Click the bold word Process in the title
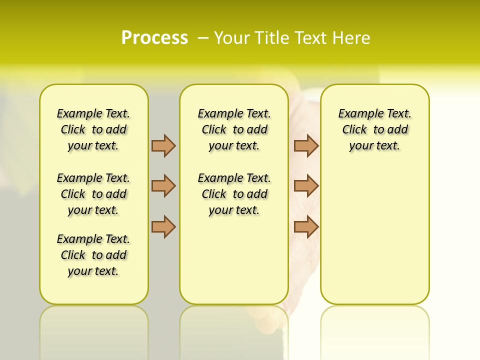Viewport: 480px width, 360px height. tap(154, 38)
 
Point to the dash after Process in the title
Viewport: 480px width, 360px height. tap(203, 38)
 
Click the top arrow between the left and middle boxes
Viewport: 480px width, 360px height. tap(163, 145)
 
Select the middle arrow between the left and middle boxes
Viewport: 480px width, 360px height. tap(163, 186)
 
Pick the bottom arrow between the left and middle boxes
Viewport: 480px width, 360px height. tap(163, 226)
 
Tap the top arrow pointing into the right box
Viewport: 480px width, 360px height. tap(306, 145)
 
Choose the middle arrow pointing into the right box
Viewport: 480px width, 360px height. tap(306, 186)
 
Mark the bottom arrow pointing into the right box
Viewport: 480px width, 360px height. tap(306, 226)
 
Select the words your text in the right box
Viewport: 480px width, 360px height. tap(374, 146)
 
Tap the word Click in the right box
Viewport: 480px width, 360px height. tap(354, 130)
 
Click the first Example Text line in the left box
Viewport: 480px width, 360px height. tap(93, 113)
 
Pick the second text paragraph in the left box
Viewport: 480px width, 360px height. tap(93, 194)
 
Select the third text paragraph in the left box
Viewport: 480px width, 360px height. tap(93, 255)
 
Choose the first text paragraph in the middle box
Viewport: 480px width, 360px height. tap(234, 129)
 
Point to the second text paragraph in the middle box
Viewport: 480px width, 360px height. tap(234, 194)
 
